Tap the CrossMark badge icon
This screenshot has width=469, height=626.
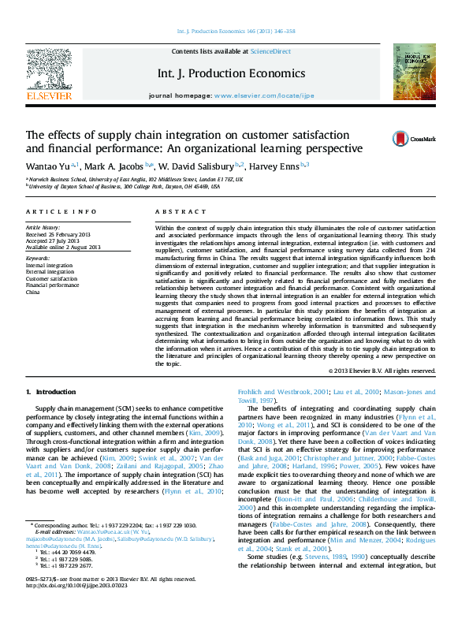tap(379, 139)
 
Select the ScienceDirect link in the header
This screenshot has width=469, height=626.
tap(270, 51)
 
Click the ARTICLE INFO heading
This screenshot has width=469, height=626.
tap(52, 212)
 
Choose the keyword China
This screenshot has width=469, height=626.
tap(32, 292)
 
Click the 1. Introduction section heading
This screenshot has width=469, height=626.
tap(51, 392)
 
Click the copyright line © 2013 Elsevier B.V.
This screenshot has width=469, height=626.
tap(359, 370)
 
